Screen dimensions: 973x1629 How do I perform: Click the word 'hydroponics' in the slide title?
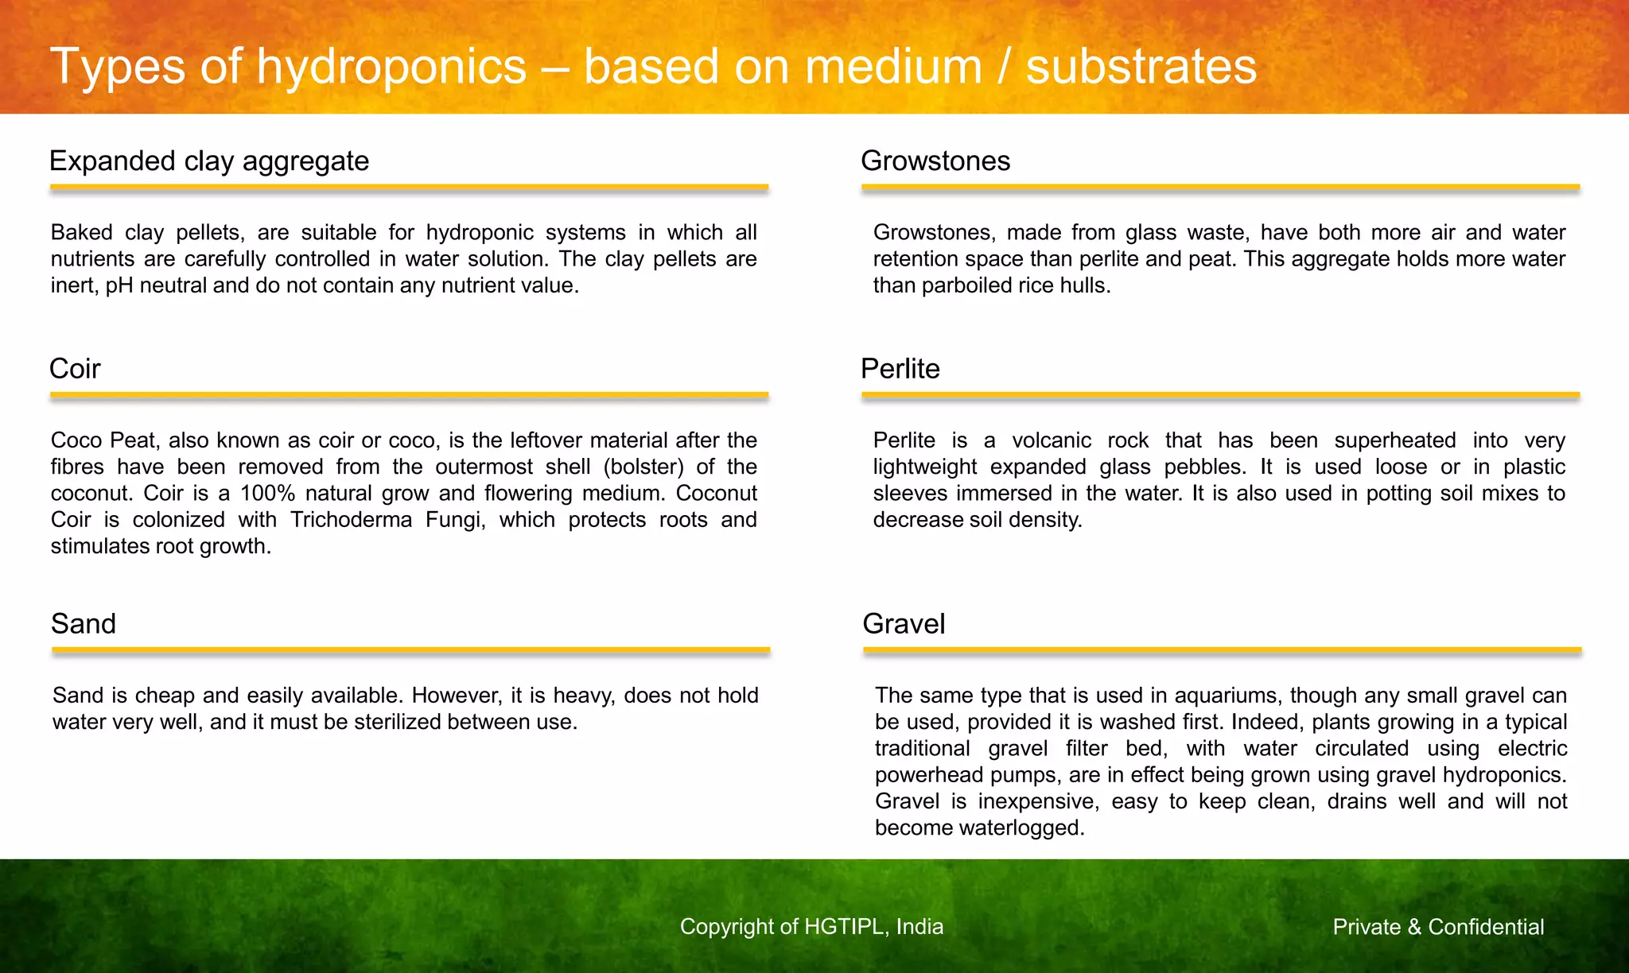(x=391, y=66)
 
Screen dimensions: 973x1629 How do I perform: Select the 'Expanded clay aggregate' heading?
(x=209, y=161)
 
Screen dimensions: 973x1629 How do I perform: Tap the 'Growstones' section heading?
(x=935, y=161)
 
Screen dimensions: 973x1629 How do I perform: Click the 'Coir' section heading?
(x=75, y=369)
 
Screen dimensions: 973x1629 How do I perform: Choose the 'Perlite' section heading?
(x=900, y=369)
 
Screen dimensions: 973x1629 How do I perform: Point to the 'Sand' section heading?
(x=84, y=624)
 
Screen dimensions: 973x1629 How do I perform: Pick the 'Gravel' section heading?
(x=904, y=624)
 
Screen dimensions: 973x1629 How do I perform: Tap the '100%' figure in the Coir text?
(x=267, y=494)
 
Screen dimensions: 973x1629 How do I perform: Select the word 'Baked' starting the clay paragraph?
(x=81, y=233)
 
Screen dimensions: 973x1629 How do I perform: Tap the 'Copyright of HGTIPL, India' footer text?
(x=811, y=927)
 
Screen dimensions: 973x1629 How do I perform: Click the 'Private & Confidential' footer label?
(x=1438, y=927)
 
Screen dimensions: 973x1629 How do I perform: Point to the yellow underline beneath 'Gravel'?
(x=1222, y=650)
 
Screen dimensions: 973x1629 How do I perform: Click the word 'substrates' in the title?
(x=1141, y=66)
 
